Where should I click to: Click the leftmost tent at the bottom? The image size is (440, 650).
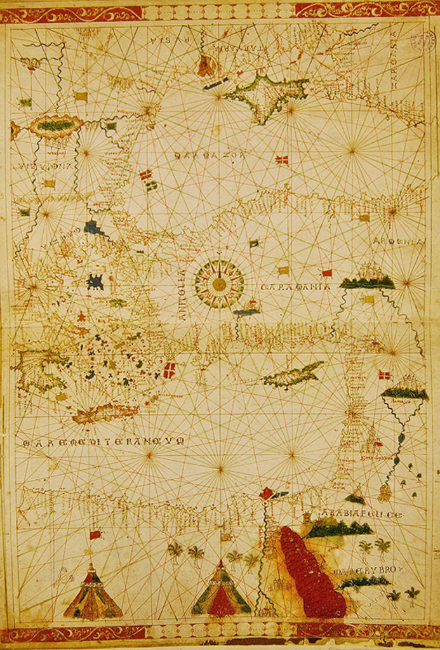(x=93, y=594)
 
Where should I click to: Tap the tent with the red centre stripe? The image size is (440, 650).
(x=220, y=590)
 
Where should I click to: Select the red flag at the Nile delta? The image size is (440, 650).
(x=267, y=492)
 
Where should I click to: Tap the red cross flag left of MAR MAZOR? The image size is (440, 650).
(x=145, y=174)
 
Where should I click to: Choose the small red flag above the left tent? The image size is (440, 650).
(x=96, y=534)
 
